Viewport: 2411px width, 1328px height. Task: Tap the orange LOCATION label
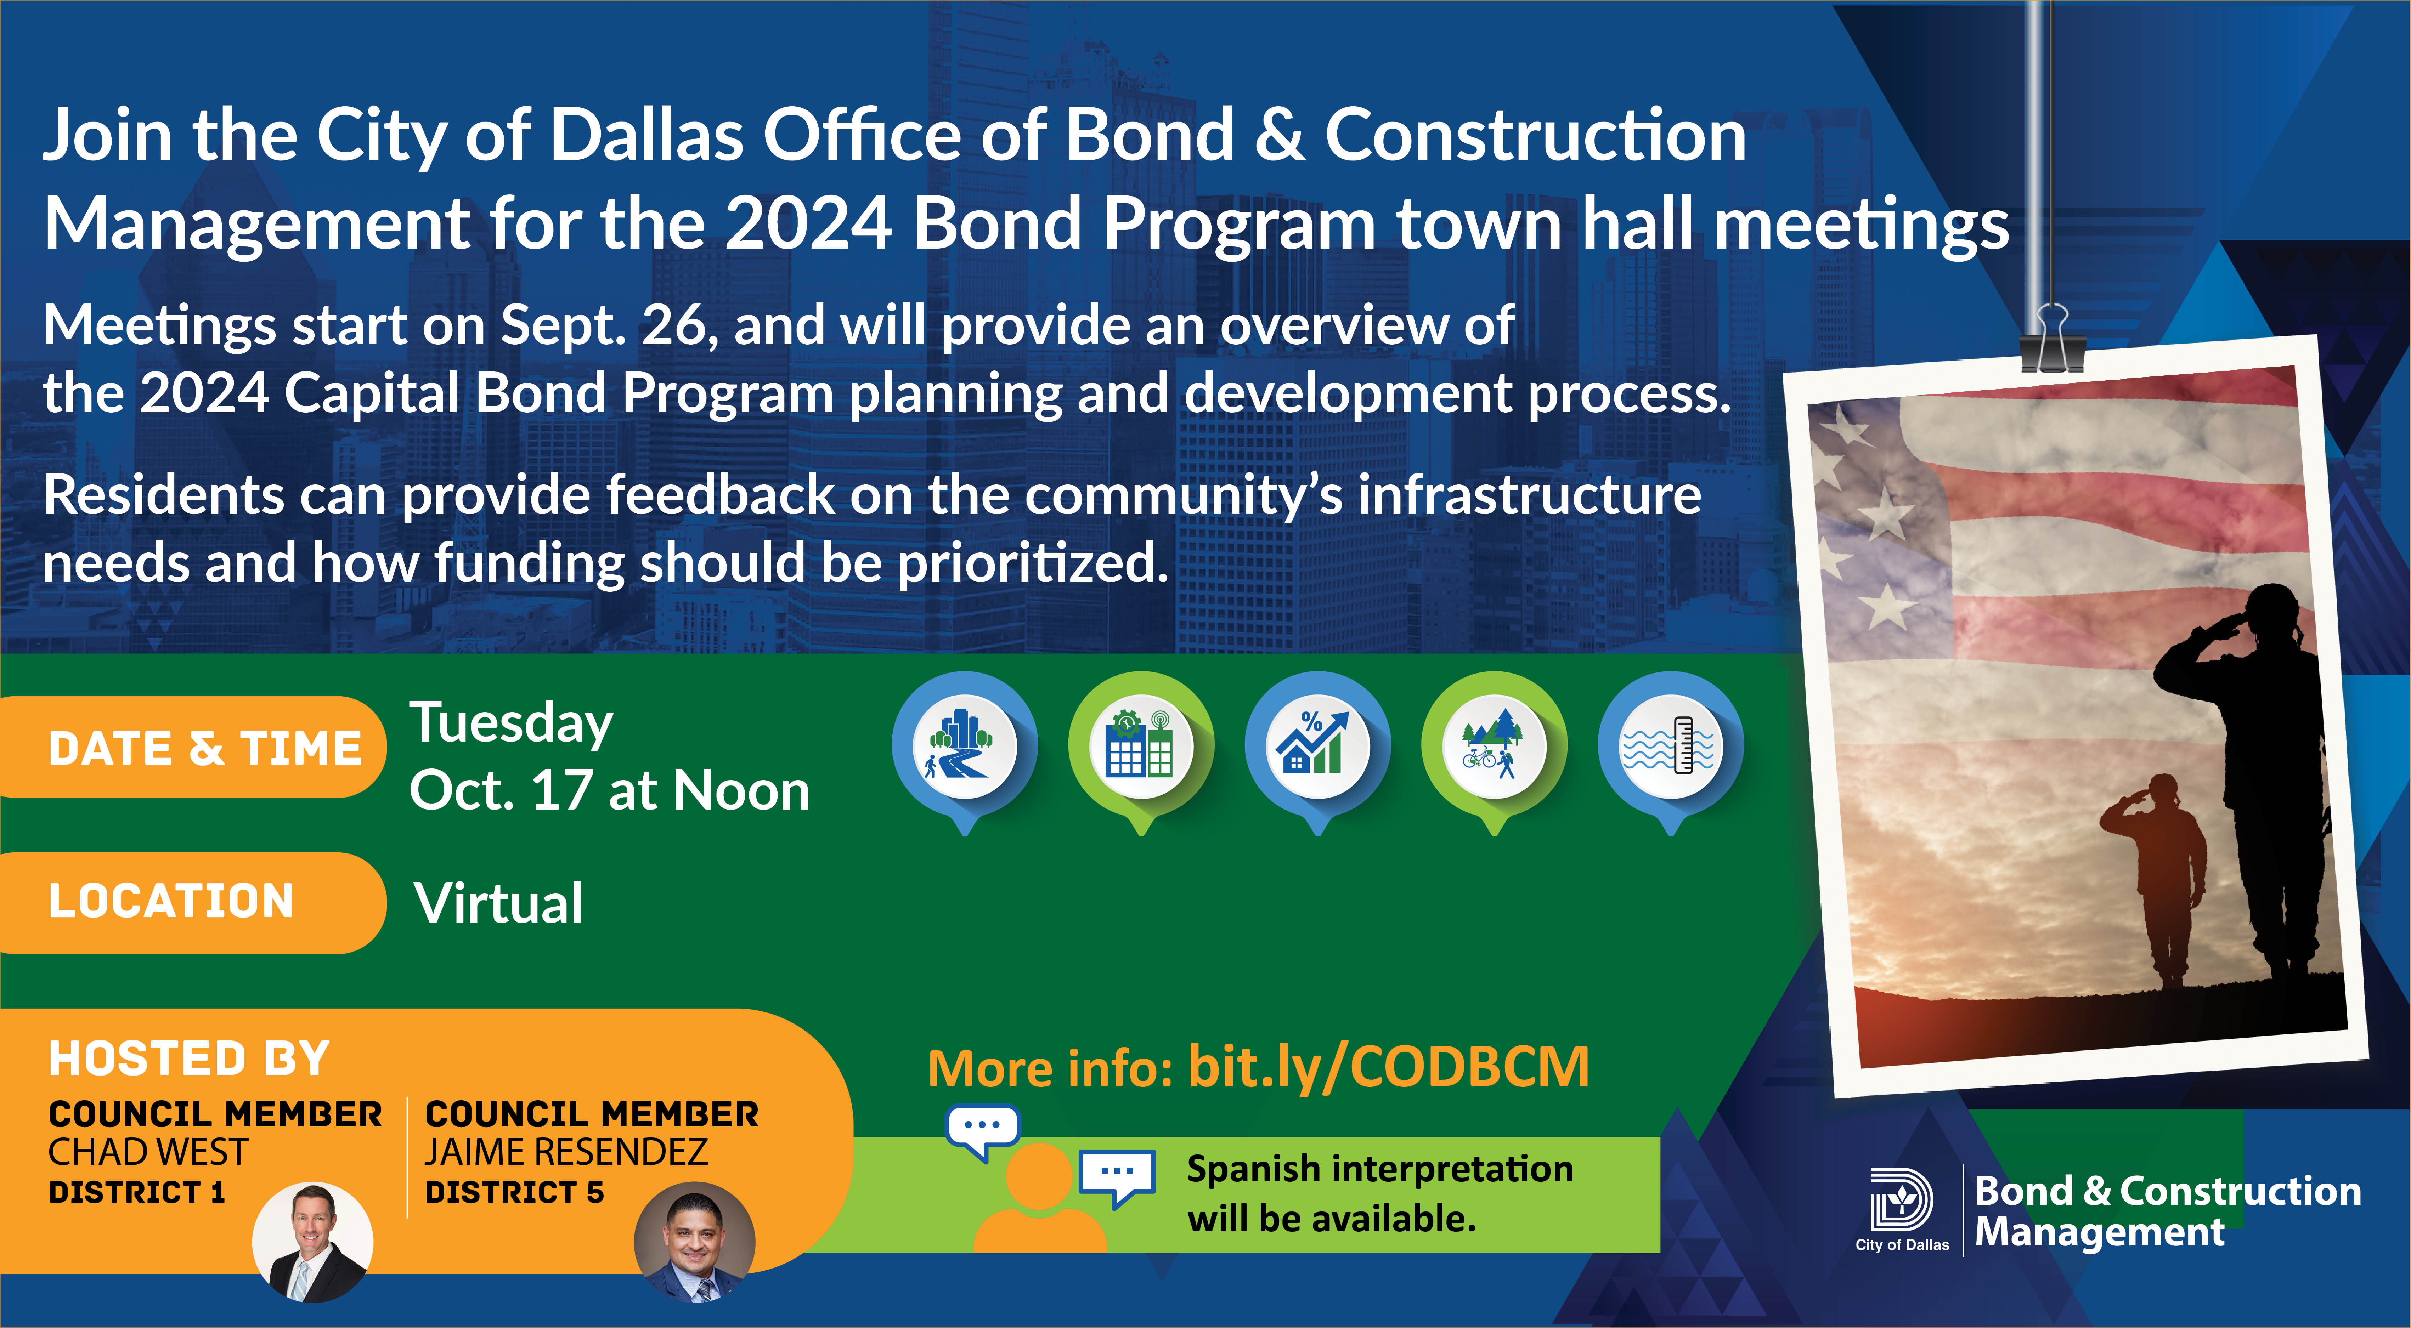pyautogui.click(x=192, y=902)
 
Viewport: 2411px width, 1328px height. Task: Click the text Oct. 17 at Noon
pyautogui.click(x=609, y=791)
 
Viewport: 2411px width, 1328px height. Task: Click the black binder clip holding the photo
pyautogui.click(x=2051, y=339)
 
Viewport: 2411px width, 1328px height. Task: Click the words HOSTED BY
pyautogui.click(x=189, y=1059)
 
